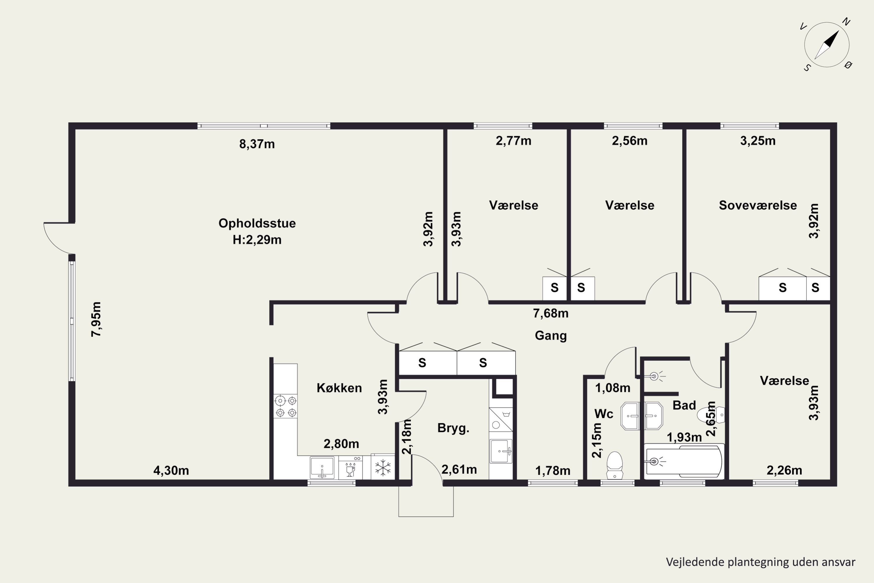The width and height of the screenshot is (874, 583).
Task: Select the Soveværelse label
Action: point(758,205)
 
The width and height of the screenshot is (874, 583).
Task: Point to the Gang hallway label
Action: point(551,336)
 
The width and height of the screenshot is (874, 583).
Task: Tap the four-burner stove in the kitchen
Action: point(286,406)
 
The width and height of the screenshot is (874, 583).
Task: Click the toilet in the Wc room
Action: point(615,465)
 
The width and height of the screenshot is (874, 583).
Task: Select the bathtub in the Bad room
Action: point(684,461)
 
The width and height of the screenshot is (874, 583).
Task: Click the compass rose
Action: point(827,45)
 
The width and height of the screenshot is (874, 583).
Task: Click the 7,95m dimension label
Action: point(96,319)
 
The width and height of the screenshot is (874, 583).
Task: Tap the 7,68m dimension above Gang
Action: point(551,313)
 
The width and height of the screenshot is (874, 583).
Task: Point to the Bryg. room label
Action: point(453,428)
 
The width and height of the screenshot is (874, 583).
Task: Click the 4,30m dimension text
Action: point(171,471)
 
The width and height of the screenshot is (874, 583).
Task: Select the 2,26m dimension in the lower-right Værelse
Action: point(785,470)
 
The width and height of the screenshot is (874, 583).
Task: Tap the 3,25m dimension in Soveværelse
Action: point(758,141)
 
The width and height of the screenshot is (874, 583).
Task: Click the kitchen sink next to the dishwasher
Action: point(322,467)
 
